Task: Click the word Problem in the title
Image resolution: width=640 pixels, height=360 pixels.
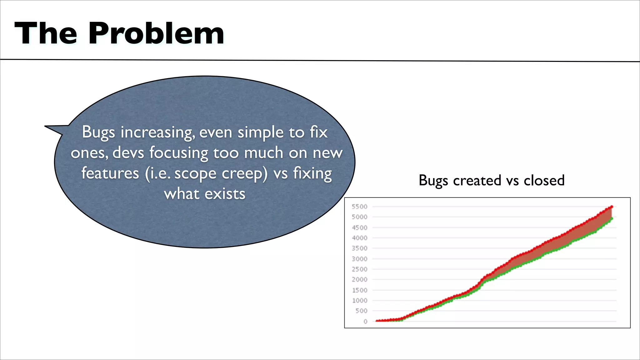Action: tap(156, 33)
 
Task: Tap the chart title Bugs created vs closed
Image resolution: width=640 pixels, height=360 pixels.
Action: tap(492, 180)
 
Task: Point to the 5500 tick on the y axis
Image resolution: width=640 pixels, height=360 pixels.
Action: tap(359, 207)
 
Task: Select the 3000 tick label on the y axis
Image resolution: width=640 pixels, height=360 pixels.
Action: tap(359, 259)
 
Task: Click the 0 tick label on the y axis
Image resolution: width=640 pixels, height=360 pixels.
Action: tap(365, 321)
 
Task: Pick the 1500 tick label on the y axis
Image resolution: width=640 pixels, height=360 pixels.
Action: tap(359, 290)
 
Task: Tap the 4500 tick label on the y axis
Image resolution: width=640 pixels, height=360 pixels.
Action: tap(359, 227)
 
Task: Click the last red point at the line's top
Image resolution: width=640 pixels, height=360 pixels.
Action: tap(612, 207)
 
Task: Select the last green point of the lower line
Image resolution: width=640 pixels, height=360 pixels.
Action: tap(612, 218)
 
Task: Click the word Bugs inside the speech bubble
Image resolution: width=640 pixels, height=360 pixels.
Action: tap(98, 132)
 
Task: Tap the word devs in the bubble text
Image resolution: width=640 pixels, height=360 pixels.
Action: tap(128, 153)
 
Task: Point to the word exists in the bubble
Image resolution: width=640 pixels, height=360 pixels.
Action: tap(225, 194)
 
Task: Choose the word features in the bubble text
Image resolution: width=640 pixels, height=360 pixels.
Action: tap(110, 173)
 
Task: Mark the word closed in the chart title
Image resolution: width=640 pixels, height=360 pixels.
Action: tap(544, 180)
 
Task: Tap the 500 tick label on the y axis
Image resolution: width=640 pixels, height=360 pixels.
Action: tap(361, 311)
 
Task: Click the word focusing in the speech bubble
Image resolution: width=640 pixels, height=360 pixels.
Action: tap(179, 153)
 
